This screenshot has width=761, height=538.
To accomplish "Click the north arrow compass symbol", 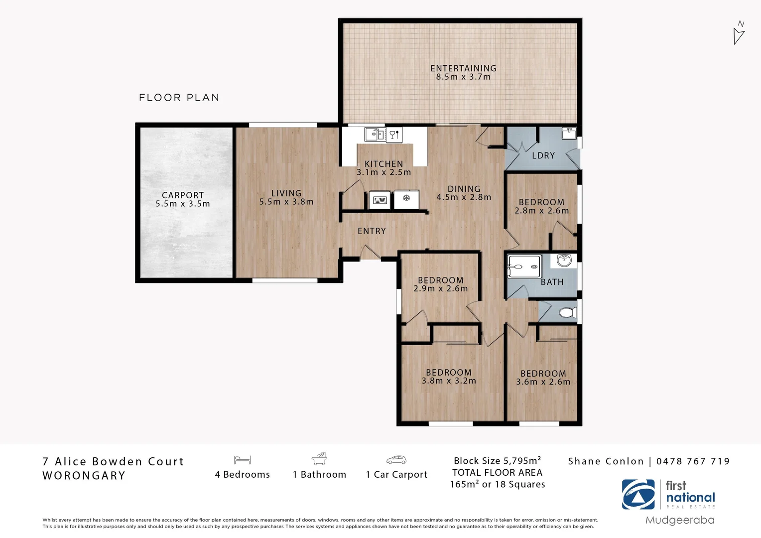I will [x=739, y=33].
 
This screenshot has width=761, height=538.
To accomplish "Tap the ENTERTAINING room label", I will [x=463, y=68].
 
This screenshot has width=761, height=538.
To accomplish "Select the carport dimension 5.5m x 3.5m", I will [x=182, y=204].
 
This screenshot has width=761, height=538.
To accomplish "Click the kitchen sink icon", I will [x=375, y=134].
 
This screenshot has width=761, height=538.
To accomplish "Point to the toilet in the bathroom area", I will [x=568, y=312].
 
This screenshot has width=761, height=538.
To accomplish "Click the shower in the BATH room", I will [x=523, y=267].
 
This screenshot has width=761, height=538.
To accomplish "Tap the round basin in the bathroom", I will [x=564, y=260].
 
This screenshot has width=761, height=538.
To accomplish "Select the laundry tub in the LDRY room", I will [x=569, y=133].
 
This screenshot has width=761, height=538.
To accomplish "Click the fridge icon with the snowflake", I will [x=406, y=199].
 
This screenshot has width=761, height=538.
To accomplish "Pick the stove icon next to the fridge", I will [x=380, y=200].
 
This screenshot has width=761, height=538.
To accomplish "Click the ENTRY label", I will [x=372, y=231].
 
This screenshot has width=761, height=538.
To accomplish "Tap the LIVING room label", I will [x=286, y=193].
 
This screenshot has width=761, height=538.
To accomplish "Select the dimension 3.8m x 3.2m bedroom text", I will [x=449, y=381].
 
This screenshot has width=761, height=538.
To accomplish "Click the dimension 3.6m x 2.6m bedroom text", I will [x=543, y=382].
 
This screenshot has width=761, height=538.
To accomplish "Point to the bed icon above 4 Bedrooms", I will [x=242, y=460].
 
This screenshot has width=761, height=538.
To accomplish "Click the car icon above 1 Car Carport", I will [x=396, y=460].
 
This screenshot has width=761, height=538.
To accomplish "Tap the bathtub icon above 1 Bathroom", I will [x=319, y=459].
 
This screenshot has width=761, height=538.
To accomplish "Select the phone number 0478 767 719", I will [x=693, y=461].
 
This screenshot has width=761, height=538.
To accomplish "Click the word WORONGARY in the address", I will [x=84, y=476].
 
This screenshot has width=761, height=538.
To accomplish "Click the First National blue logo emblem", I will [x=638, y=494].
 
